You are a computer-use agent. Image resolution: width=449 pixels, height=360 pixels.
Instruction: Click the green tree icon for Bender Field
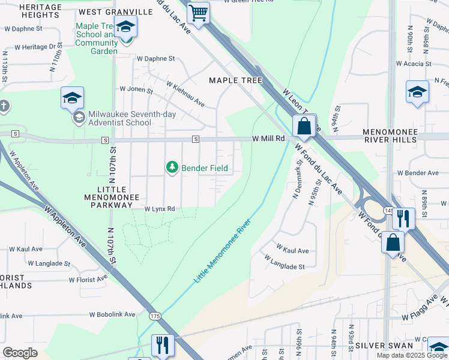pos(172,167)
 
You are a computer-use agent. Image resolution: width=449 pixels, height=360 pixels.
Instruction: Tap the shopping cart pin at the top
pos(197,12)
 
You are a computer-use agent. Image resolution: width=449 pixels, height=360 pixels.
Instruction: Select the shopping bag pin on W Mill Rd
pos(304,126)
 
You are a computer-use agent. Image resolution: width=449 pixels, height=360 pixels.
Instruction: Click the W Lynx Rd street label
pos(159,209)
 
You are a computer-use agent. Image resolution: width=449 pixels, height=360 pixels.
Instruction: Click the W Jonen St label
pos(136,89)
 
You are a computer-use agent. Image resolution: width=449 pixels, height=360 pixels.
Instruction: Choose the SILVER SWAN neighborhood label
pos(384,346)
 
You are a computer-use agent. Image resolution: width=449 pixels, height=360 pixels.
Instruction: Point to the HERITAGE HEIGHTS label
pos(32,11)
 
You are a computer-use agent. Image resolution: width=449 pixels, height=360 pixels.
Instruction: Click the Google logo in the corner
pos(20,352)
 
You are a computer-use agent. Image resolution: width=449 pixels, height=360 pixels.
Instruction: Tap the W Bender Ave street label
pos(418,173)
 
